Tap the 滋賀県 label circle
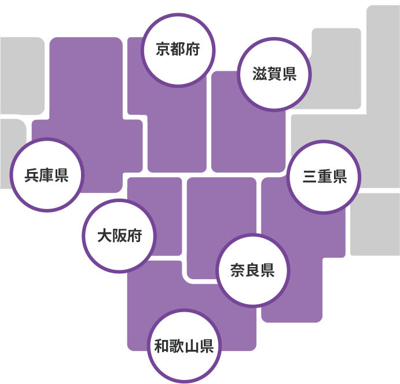click(x=274, y=74)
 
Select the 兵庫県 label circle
click(x=47, y=175)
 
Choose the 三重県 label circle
click(x=324, y=177)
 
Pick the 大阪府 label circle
click(x=119, y=236)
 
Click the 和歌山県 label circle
click(x=184, y=346)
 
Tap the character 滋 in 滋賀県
click(x=260, y=74)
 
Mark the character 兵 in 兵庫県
click(x=32, y=175)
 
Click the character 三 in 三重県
click(x=310, y=177)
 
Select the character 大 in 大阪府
click(x=105, y=236)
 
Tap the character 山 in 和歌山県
click(x=191, y=346)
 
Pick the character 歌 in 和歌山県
click(x=176, y=346)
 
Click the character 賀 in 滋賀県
click(x=274, y=74)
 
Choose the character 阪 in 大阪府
click(x=119, y=236)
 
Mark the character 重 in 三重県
click(x=324, y=177)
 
